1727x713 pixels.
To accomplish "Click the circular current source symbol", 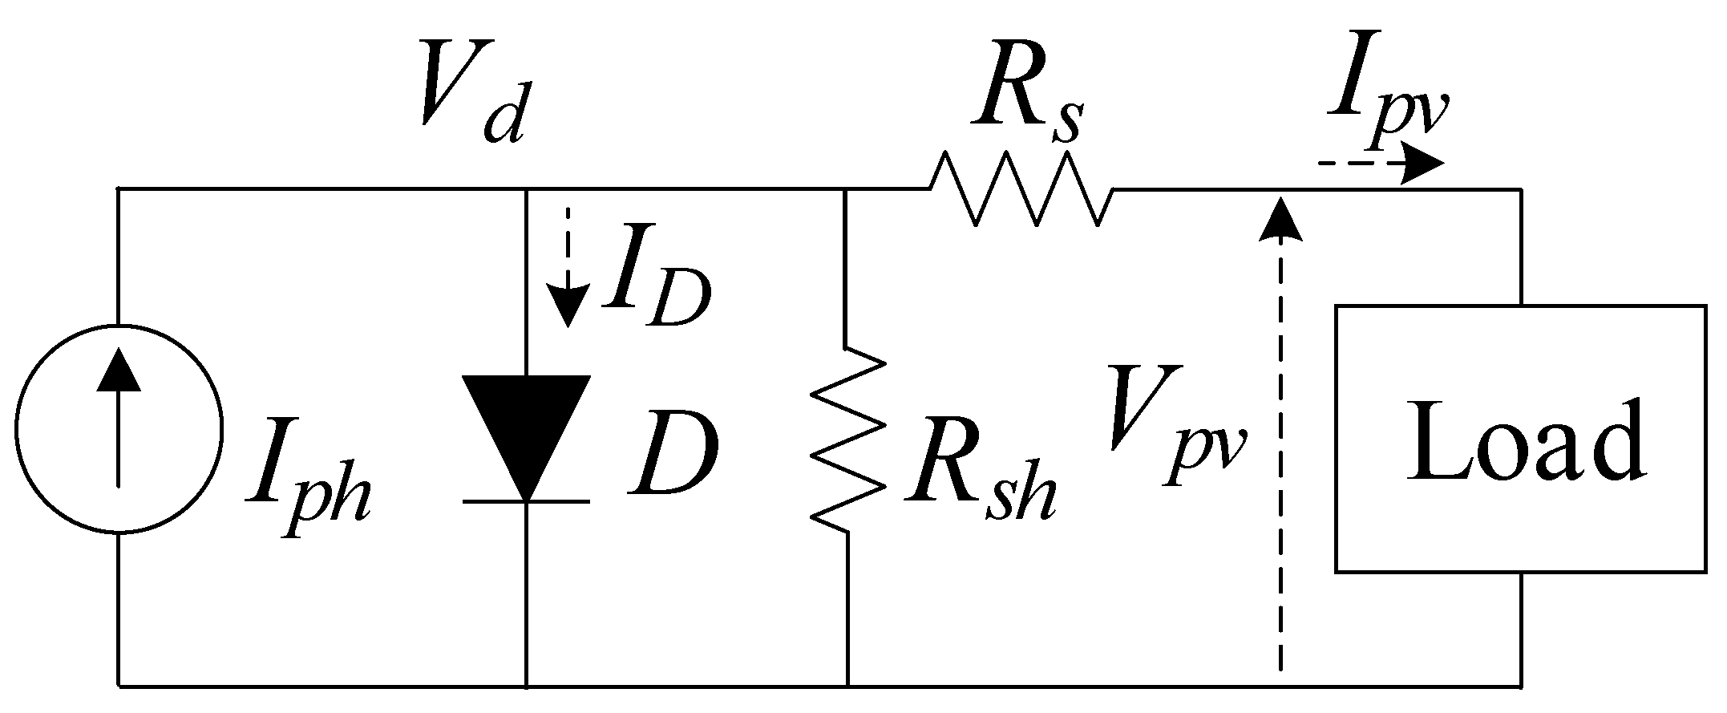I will pos(119,428).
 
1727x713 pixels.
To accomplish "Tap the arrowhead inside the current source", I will pos(119,370).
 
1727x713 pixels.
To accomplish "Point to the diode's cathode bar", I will pos(526,501).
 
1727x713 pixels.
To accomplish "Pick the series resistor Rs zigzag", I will pos(1021,189).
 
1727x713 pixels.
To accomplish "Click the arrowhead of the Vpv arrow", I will pos(1280,218).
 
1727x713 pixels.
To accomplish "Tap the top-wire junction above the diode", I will pos(526,189).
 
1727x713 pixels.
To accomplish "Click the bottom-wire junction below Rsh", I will pos(847,687).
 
